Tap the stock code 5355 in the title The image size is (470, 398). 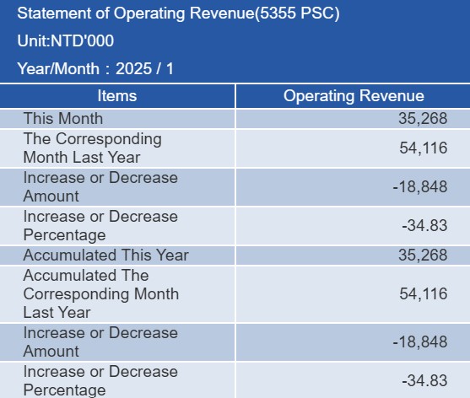(278, 13)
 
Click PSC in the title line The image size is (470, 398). (317, 13)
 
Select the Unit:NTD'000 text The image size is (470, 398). (66, 40)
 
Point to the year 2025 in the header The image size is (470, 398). (133, 68)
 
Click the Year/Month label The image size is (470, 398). (58, 68)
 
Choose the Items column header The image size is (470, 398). (117, 96)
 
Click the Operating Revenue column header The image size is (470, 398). (354, 96)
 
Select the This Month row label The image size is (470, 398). (63, 119)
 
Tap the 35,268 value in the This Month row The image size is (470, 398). (423, 119)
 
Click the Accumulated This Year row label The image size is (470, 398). (106, 255)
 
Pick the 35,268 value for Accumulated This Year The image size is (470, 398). (423, 255)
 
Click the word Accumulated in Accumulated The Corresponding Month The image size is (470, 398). (69, 276)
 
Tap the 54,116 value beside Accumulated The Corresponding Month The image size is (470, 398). (424, 293)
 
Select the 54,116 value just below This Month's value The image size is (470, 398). (424, 148)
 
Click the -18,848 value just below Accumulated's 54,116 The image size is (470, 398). (420, 342)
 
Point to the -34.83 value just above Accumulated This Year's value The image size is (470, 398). (424, 225)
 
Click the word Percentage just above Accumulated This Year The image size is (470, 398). (64, 235)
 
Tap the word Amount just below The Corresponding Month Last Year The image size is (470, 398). (51, 196)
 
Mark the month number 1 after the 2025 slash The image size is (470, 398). (170, 68)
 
